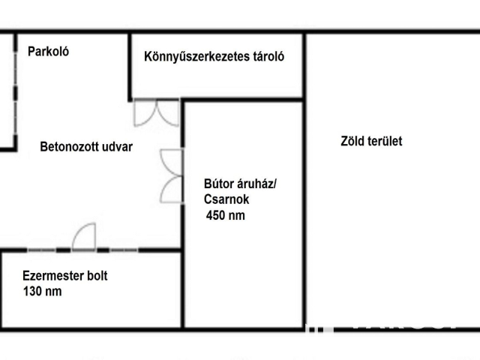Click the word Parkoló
pos(49,52)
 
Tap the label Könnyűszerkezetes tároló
pos(214,57)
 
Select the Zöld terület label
pos(371,140)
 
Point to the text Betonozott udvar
pos(86,147)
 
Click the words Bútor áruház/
pos(240,182)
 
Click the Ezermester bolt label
pos(65,276)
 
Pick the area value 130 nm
pos(42,292)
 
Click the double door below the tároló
pos(157,112)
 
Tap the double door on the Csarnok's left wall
pos(172,175)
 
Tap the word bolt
pos(95,276)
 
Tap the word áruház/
pos(257,182)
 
